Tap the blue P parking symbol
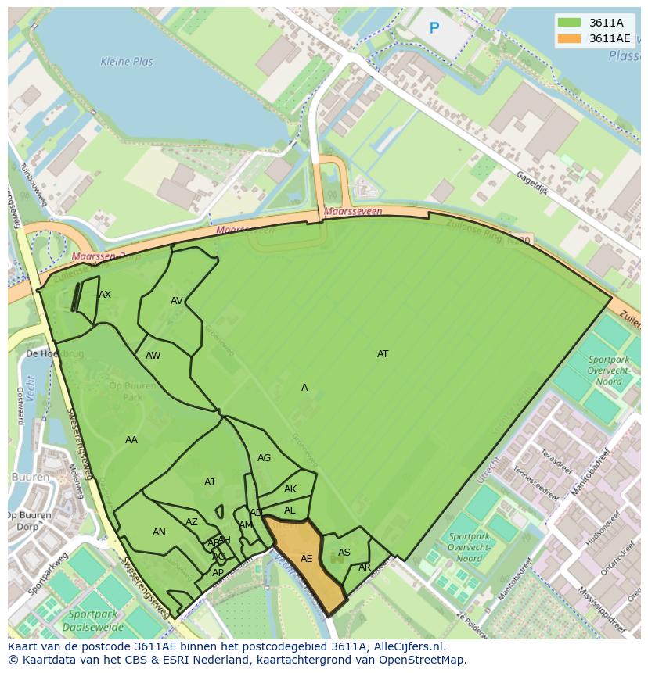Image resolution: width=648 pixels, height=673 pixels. coord(434,29)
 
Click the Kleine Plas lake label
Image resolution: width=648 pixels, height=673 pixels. coord(127,62)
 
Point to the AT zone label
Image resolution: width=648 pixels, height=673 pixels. coord(383,354)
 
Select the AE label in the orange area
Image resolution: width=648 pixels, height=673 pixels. coord(307,559)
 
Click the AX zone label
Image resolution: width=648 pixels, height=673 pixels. coord(105,295)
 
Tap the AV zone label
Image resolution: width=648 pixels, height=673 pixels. coord(177,301)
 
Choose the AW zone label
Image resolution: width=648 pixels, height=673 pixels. coord(153,356)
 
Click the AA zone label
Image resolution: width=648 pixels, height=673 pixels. coord(131,440)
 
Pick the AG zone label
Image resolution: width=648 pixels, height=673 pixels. coord(264,458)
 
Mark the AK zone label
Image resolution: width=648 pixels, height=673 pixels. coord(290,490)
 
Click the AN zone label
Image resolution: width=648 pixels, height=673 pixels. coord(159,532)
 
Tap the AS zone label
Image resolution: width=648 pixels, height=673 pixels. coord(344,553)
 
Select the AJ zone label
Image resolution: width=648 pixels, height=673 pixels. coord(209,482)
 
